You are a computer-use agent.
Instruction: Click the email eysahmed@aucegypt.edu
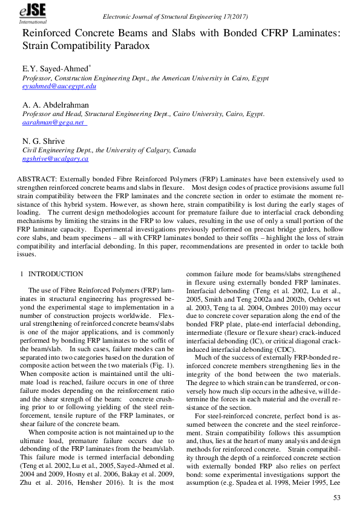tap(59, 87)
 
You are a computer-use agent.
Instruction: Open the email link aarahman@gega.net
tap(53, 122)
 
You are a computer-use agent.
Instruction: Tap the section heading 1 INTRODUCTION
tap(52, 274)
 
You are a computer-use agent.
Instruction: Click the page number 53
tap(338, 496)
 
